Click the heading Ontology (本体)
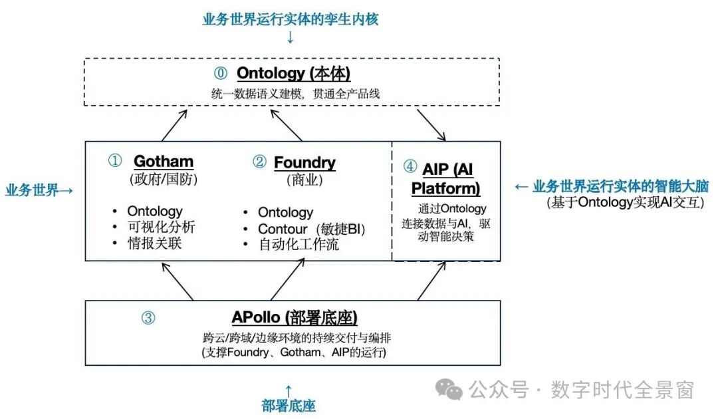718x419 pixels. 293,72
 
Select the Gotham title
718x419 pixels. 164,162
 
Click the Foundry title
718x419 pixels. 304,162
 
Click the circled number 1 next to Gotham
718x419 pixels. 116,162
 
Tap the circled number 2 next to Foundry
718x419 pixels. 259,162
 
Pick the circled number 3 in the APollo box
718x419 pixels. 148,318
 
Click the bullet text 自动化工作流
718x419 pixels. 299,245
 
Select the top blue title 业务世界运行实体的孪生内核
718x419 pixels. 291,19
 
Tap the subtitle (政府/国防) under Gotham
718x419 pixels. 164,179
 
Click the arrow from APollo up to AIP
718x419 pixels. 431,280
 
